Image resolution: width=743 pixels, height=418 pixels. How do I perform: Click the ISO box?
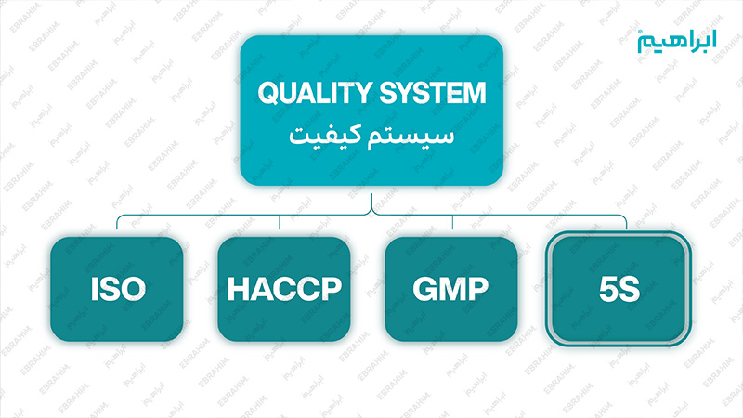pos(117,289)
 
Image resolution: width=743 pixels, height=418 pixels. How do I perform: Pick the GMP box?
pos(451,289)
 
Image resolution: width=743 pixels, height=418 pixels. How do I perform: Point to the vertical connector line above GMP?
pos(452,222)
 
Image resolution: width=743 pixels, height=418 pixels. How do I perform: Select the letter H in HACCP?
pos(237,289)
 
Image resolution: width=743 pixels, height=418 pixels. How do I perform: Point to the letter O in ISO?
pos(134,289)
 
